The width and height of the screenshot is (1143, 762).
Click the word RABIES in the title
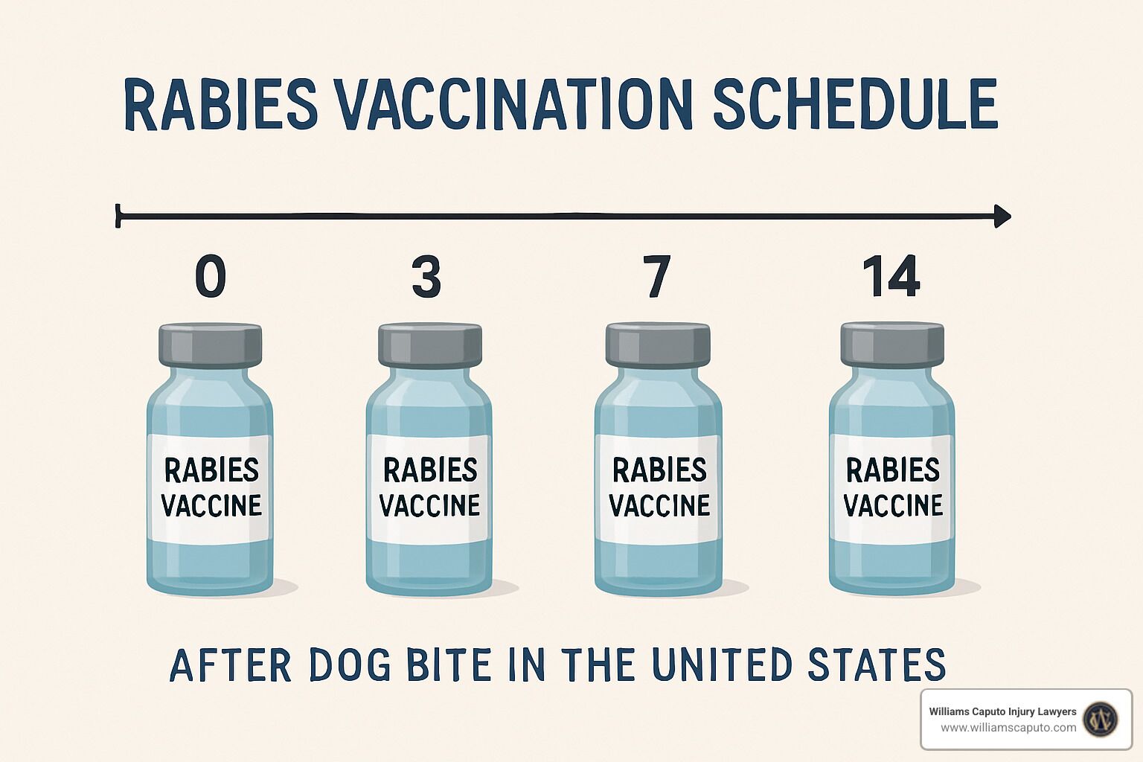click(x=221, y=105)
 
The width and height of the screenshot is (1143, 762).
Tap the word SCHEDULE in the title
click(x=855, y=104)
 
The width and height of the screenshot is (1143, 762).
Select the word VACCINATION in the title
click(x=514, y=105)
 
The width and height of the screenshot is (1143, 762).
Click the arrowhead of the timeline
click(x=1002, y=216)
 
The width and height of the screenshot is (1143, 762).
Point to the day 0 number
click(x=211, y=277)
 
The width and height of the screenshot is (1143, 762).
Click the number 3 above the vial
click(x=426, y=277)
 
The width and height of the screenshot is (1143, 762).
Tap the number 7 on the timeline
click(x=656, y=277)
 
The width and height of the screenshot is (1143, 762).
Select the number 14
click(x=891, y=277)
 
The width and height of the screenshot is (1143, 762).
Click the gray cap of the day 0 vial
click(x=211, y=345)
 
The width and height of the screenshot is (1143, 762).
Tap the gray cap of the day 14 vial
click(x=892, y=344)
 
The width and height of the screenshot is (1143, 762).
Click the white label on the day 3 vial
click(x=429, y=488)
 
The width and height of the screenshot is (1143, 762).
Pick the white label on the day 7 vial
click(x=659, y=488)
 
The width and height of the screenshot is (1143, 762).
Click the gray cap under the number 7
click(x=658, y=345)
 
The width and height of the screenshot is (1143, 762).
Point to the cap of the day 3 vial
click(x=429, y=345)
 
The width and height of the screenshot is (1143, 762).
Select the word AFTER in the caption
click(x=230, y=665)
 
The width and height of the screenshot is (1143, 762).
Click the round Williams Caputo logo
click(x=1101, y=719)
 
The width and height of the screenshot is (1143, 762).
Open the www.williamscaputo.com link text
click(x=1008, y=728)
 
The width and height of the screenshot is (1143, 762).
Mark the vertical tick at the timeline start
click(x=118, y=215)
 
